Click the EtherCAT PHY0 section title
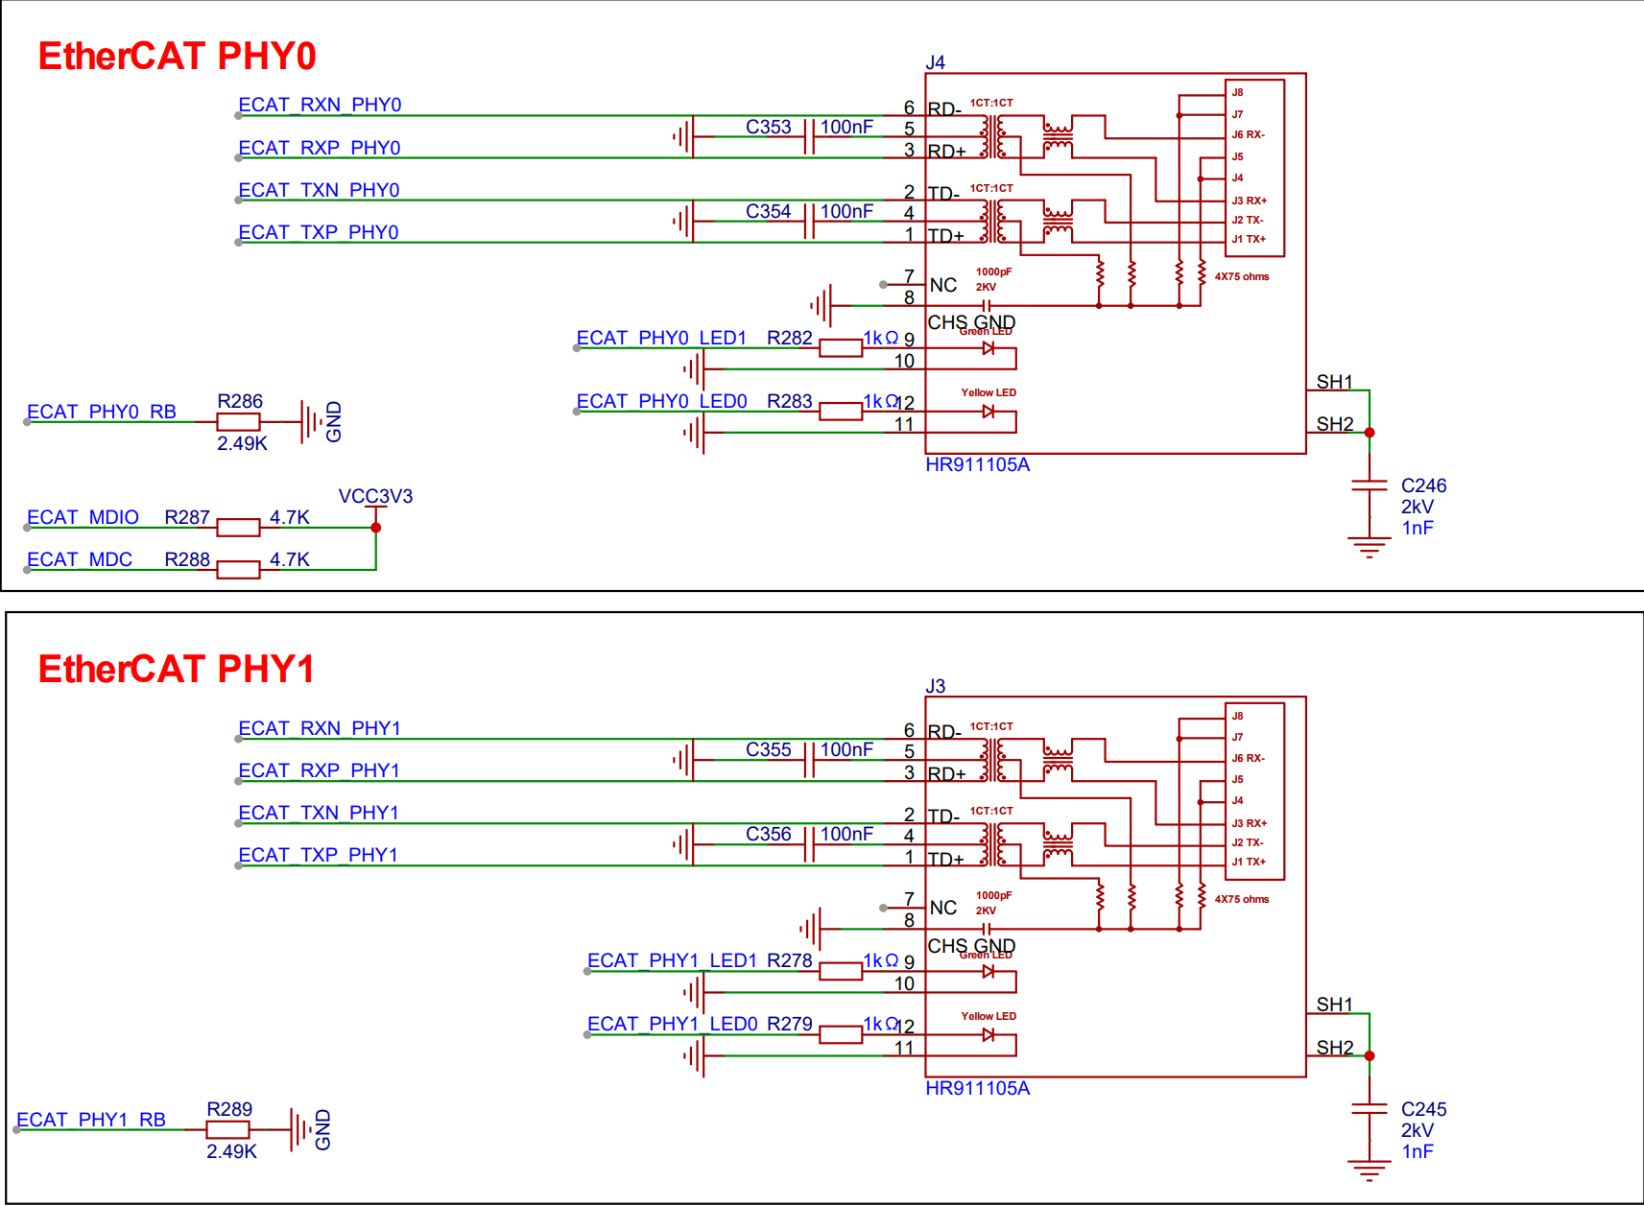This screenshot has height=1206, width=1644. [x=177, y=57]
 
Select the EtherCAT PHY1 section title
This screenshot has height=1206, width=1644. [x=177, y=669]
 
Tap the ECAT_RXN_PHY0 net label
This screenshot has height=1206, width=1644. [x=320, y=105]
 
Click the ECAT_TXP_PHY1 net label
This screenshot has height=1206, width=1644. [x=319, y=856]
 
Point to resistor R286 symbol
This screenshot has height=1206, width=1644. [x=239, y=422]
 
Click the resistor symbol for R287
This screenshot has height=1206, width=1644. [x=239, y=528]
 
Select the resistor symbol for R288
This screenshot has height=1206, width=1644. [x=239, y=570]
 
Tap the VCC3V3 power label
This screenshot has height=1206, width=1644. [x=376, y=497]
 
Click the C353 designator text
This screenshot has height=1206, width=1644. [x=769, y=127]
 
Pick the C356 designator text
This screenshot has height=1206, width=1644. [x=769, y=834]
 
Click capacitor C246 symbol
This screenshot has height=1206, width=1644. [x=1370, y=485]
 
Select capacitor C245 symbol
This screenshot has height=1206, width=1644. [x=1370, y=1108]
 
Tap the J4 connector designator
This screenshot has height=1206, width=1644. [x=935, y=62]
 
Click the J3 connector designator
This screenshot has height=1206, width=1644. [x=935, y=686]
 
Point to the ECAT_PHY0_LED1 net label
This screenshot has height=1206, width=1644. [x=661, y=338]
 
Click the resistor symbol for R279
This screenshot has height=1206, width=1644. [x=841, y=1034]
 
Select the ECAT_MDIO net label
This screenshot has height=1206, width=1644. [x=83, y=517]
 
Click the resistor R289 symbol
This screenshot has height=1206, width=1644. [x=228, y=1129]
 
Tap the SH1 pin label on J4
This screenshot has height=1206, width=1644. [x=1334, y=382]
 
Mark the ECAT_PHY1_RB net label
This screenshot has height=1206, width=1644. [x=91, y=1120]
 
